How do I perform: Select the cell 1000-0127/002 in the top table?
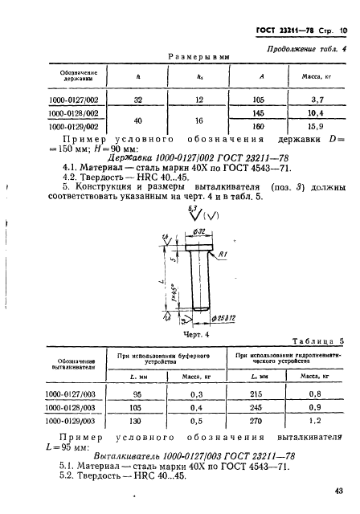pyautogui.click(x=75, y=100)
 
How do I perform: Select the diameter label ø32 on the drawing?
pyautogui.click(x=198, y=230)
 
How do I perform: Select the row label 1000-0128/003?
pyautogui.click(x=75, y=407)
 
